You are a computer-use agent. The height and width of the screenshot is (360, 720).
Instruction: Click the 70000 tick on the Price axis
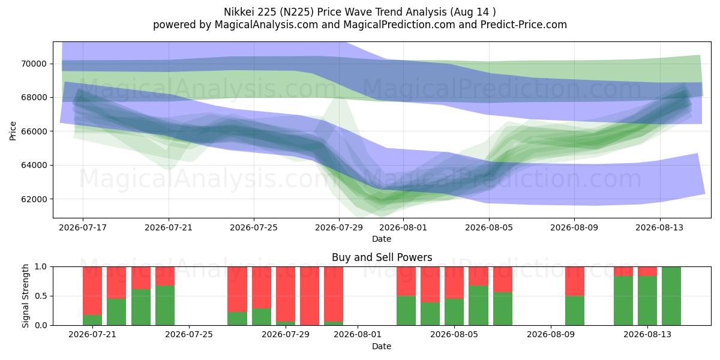point(34,64)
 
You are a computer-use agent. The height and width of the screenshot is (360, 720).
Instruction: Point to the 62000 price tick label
point(34,199)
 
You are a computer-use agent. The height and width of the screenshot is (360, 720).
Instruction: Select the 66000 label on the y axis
point(34,131)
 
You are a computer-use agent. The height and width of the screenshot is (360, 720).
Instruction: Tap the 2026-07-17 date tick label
point(83,227)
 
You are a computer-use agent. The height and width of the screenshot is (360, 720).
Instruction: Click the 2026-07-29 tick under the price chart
point(339,227)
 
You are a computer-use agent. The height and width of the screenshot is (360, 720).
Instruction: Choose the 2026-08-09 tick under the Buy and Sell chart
point(551,335)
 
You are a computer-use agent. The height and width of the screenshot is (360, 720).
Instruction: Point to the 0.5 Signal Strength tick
point(41,296)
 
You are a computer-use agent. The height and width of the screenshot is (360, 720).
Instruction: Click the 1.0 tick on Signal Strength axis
point(41,267)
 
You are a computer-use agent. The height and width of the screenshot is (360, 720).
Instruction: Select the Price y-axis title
point(13,131)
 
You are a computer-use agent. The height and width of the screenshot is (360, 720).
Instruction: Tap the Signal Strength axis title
point(25,296)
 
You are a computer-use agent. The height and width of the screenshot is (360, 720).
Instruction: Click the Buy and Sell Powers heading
point(382,257)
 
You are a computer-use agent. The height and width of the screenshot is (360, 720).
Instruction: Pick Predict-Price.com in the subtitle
point(524,25)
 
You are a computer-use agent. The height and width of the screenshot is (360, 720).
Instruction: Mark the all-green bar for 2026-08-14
point(671,296)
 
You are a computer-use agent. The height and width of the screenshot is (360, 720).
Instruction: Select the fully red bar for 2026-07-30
point(310,296)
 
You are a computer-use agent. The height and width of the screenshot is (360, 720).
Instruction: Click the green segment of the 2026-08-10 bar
point(575,311)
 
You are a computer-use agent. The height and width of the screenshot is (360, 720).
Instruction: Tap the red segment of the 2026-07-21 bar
point(92,291)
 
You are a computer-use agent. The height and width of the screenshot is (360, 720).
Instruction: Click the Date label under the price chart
point(382,239)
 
